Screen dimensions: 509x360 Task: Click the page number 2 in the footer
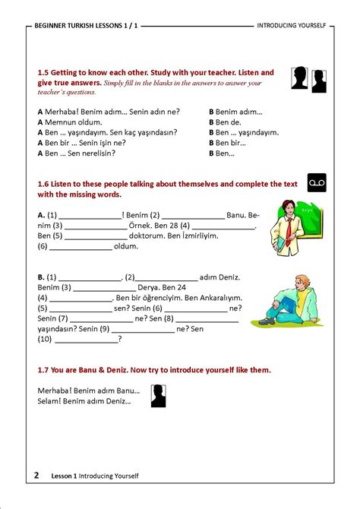point(36,476)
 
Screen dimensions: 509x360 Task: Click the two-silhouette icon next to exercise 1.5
point(309,78)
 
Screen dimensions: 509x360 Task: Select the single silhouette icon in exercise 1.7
point(158,396)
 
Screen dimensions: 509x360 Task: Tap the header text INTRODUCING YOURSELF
point(292,25)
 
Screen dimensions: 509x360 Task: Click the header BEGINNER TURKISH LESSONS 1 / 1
point(86,25)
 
